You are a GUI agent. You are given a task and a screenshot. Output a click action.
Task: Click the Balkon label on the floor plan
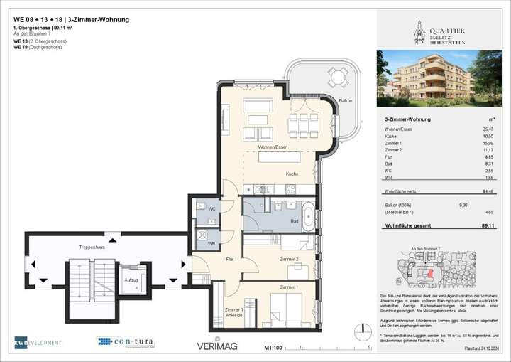pyautogui.click(x=346, y=101)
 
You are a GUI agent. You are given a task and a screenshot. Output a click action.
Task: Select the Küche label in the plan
pyautogui.click(x=292, y=174)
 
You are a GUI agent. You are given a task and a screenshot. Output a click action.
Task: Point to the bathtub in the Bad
pyautogui.click(x=310, y=216)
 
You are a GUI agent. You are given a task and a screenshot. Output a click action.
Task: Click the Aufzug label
pyautogui.click(x=131, y=280)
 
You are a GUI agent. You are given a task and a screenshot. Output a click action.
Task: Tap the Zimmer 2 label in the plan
pyautogui.click(x=288, y=260)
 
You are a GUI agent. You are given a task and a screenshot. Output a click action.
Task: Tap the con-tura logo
pyautogui.click(x=125, y=342)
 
